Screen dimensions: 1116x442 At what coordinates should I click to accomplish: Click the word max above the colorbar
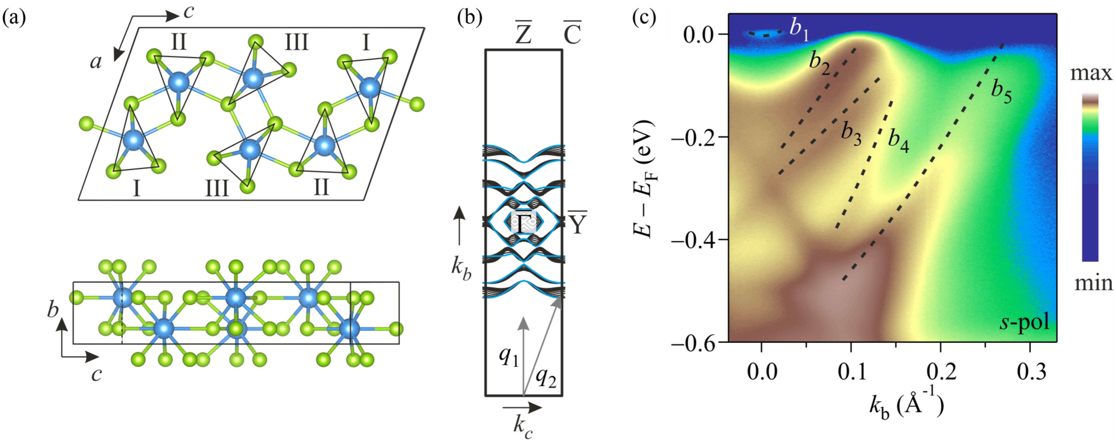click(x=1091, y=74)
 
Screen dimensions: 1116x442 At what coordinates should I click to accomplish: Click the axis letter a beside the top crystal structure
click(x=96, y=62)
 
